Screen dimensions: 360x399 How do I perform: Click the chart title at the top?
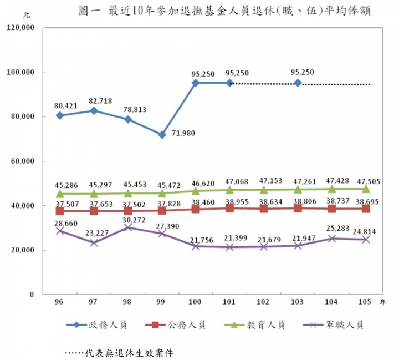(224, 11)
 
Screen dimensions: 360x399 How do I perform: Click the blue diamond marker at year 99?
(162, 135)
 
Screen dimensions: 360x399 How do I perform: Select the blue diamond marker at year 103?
(298, 83)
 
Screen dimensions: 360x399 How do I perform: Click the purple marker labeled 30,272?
(128, 227)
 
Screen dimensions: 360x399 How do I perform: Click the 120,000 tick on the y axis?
(21, 28)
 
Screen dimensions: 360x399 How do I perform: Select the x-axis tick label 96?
(59, 302)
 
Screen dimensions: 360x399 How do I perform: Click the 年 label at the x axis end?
(383, 303)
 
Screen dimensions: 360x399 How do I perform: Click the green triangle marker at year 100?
(196, 191)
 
